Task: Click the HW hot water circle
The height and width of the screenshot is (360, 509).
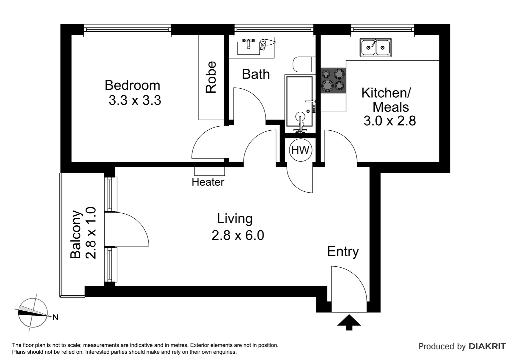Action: tap(300, 150)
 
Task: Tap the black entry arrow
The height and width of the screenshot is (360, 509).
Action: tap(349, 322)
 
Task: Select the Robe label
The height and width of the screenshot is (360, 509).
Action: tap(211, 77)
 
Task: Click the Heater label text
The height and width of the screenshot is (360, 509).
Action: tap(208, 182)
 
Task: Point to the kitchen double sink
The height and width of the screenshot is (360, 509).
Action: tap(376, 48)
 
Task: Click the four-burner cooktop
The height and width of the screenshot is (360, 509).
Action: tap(333, 80)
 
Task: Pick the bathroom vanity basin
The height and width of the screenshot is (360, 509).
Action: tap(249, 48)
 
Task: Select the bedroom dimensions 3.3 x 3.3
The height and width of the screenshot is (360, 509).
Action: tap(135, 100)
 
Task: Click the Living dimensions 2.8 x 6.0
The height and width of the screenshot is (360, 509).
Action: tap(238, 235)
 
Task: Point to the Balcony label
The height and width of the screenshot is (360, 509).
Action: tap(76, 234)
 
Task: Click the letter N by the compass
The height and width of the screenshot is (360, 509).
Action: tap(55, 317)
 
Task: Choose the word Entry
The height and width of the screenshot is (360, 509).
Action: tap(343, 252)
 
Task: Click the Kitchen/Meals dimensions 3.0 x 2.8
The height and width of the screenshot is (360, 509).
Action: tap(390, 121)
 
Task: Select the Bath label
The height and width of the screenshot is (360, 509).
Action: tap(256, 74)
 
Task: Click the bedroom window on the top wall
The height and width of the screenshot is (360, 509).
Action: tap(127, 30)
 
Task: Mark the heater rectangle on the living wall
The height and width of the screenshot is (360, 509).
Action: tap(210, 171)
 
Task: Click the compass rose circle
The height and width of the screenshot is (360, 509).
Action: tap(33, 313)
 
